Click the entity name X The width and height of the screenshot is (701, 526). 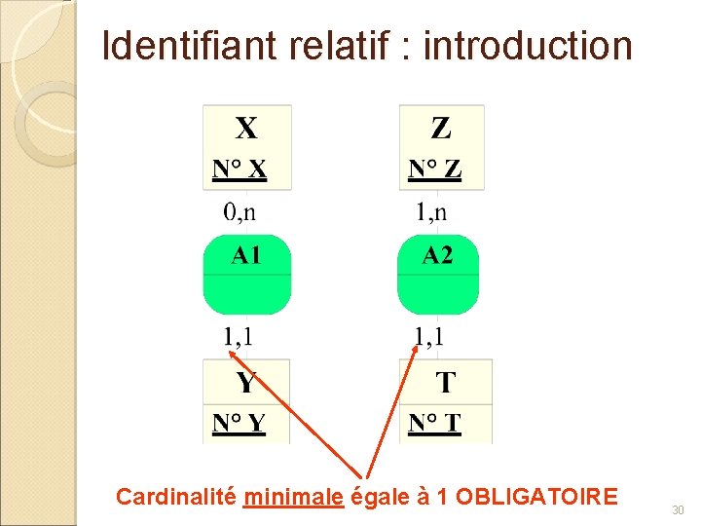tap(246, 129)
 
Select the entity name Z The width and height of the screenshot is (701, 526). tap(441, 129)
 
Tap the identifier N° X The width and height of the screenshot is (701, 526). tap(239, 170)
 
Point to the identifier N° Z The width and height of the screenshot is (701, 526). tap(434, 170)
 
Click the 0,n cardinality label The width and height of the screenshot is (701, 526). tap(241, 211)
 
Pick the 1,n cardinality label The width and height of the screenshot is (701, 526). tap(433, 211)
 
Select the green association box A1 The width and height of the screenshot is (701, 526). tap(246, 275)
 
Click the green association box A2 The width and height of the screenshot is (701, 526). tap(438, 275)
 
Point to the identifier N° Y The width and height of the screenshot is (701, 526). tap(239, 424)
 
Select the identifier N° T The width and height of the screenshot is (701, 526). tap(434, 424)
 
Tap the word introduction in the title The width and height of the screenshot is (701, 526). tap(528, 46)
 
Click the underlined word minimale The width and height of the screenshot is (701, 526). tap(294, 497)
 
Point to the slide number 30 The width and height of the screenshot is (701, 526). tap(678, 509)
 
